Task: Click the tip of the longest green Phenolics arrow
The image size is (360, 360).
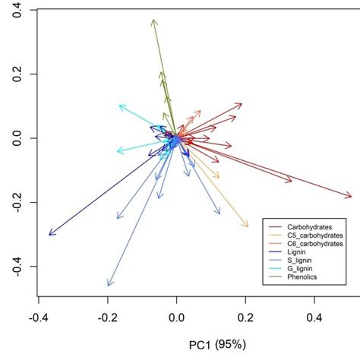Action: tap(153, 20)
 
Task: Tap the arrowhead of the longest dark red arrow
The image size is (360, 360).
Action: tap(351, 196)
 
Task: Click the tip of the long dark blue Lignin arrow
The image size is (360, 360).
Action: tap(49, 235)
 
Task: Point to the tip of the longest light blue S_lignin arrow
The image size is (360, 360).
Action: tap(109, 286)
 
